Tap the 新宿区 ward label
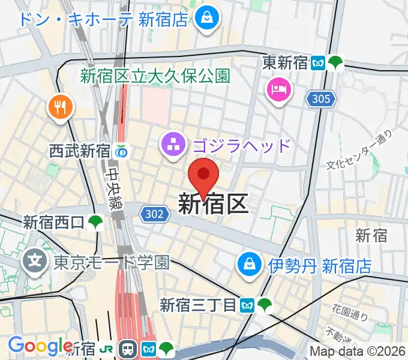[213, 205]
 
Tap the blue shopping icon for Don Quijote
[207, 17]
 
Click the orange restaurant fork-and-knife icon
[61, 107]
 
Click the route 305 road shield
[321, 99]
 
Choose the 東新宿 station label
[286, 62]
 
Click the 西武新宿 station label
[80, 151]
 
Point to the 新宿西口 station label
[53, 223]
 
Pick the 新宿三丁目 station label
[199, 305]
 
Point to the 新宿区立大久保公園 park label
[155, 76]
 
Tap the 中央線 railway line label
[113, 188]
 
